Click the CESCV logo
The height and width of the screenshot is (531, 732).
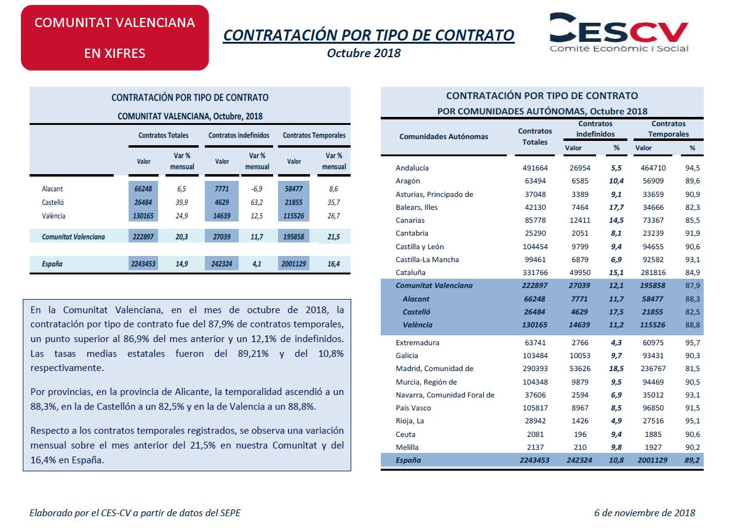[619, 32]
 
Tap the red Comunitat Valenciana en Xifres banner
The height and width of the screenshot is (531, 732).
[115, 38]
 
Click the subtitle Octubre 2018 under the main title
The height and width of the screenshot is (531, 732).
[364, 54]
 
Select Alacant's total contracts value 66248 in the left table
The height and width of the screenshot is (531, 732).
[143, 189]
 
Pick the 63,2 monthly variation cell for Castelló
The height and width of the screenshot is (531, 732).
[257, 202]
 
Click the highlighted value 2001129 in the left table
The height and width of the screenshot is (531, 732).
[293, 264]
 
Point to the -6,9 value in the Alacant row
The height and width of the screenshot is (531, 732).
[257, 189]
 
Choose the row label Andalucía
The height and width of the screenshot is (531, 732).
[412, 167]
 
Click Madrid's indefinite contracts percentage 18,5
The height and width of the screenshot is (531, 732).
[616, 369]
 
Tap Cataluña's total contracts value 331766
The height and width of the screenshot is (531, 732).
[535, 273]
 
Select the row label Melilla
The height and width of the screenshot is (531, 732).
[407, 447]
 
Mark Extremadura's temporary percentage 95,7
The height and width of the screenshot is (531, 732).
[692, 342]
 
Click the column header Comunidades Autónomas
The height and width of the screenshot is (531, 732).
[444, 137]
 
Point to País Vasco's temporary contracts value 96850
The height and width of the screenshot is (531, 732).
[653, 408]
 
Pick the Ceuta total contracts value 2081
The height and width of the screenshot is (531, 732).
[535, 434]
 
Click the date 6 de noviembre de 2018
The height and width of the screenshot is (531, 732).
[645, 513]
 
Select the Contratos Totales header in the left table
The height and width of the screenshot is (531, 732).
[164, 135]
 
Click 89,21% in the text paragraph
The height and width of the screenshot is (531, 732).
[253, 354]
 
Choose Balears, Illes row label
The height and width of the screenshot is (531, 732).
[416, 207]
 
